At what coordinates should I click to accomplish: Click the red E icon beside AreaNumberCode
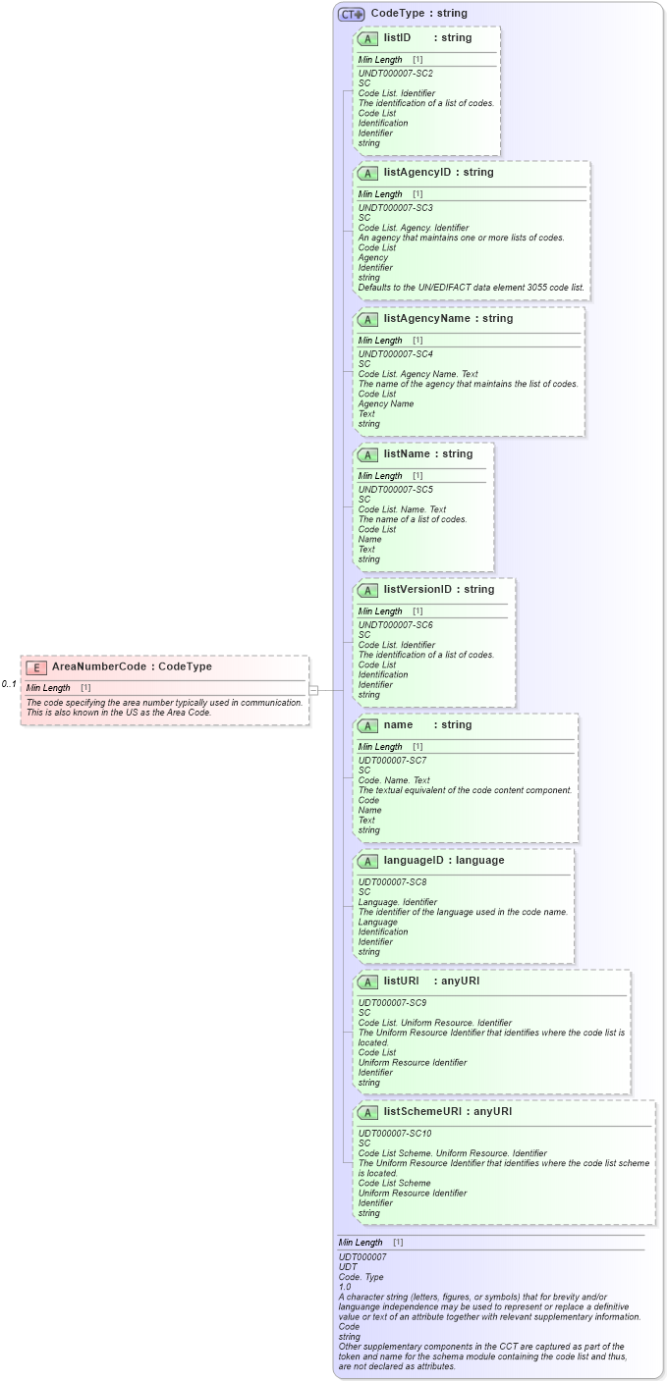(36, 667)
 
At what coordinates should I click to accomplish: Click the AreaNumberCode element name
(99, 667)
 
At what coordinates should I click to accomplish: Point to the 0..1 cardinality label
(9, 684)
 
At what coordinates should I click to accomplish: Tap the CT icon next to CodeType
(351, 14)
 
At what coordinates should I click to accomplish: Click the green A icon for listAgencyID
(367, 174)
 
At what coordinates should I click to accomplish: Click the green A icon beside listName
(367, 455)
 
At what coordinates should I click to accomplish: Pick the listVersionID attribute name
(417, 590)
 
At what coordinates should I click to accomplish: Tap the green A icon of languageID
(367, 862)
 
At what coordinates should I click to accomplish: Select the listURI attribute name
(402, 982)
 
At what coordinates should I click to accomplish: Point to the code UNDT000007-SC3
(395, 208)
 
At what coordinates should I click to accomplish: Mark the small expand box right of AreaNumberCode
(313, 690)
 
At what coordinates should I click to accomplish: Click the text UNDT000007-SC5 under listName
(395, 489)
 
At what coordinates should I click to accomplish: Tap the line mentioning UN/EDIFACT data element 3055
(471, 288)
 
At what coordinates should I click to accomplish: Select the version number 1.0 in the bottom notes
(345, 1287)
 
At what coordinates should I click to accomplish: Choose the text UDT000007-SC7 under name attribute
(392, 761)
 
